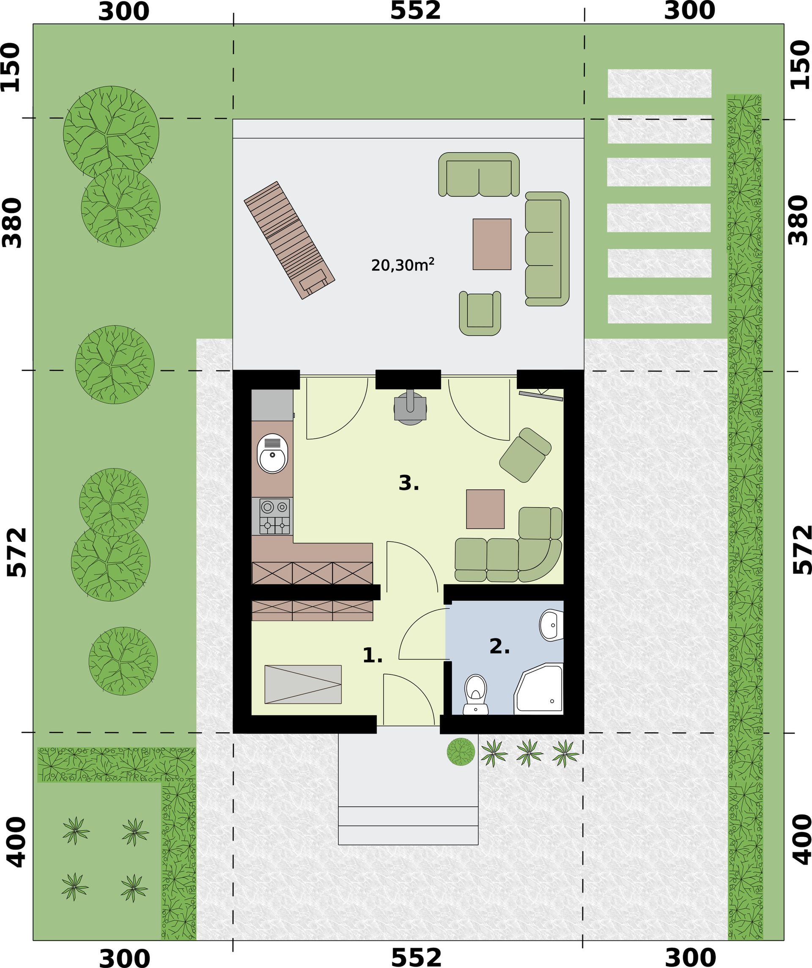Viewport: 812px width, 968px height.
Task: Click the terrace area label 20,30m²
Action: pyautogui.click(x=403, y=265)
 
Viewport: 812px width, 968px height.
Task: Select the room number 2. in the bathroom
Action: pyautogui.click(x=499, y=647)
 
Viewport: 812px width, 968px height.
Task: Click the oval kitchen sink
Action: pyautogui.click(x=273, y=454)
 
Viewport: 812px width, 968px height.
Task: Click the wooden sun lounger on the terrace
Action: pyautogui.click(x=289, y=240)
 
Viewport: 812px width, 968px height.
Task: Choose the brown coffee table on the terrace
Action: pyautogui.click(x=492, y=244)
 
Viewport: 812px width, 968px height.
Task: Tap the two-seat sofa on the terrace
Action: pyautogui.click(x=479, y=175)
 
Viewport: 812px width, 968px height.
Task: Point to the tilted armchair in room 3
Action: pyautogui.click(x=526, y=455)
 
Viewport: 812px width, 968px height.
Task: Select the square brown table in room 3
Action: pyautogui.click(x=486, y=509)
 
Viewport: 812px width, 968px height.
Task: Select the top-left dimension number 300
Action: pyautogui.click(x=124, y=11)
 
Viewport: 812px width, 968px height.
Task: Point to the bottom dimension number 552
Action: pyautogui.click(x=416, y=957)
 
